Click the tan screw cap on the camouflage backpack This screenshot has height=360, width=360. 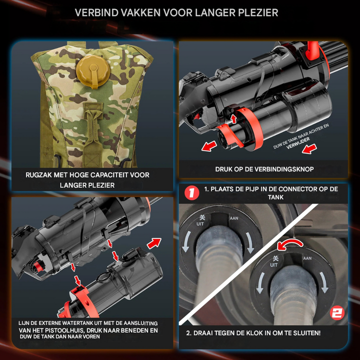(x=93, y=70)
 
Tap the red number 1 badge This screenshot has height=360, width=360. (x=191, y=193)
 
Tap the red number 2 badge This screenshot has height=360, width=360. (x=337, y=312)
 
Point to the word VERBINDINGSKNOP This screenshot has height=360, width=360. (x=281, y=169)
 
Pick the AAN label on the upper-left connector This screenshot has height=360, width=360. (x=234, y=218)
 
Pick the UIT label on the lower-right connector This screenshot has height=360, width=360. (x=273, y=265)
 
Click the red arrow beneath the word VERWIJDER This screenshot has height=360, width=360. (x=309, y=148)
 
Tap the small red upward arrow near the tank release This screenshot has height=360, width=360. (x=233, y=118)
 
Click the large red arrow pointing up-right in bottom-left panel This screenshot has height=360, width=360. (x=154, y=243)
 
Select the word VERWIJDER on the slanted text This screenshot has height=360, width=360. (x=298, y=143)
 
